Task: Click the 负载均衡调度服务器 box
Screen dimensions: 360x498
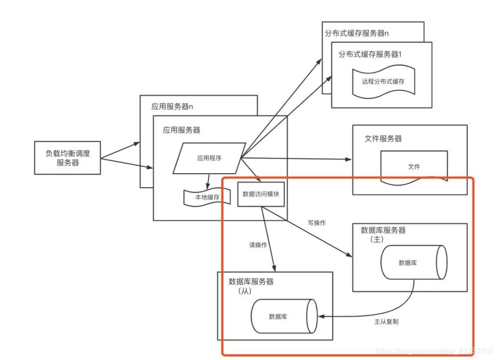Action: tap(68, 158)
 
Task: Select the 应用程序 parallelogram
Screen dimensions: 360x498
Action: tap(209, 158)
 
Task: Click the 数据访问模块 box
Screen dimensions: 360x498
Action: tap(261, 194)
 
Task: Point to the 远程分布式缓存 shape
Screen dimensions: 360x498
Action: tap(383, 82)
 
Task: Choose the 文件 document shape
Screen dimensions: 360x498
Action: tap(414, 166)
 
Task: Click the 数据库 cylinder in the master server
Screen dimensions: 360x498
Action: tap(413, 263)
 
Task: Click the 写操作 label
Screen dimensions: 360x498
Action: tap(317, 223)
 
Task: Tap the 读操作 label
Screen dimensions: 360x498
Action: tap(258, 245)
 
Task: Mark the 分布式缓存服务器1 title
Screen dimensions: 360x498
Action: tap(370, 55)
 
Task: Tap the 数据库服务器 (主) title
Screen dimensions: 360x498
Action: tap(383, 234)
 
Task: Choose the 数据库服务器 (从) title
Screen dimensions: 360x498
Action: tap(250, 286)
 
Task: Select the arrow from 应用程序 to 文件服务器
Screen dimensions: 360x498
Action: tap(299, 158)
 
